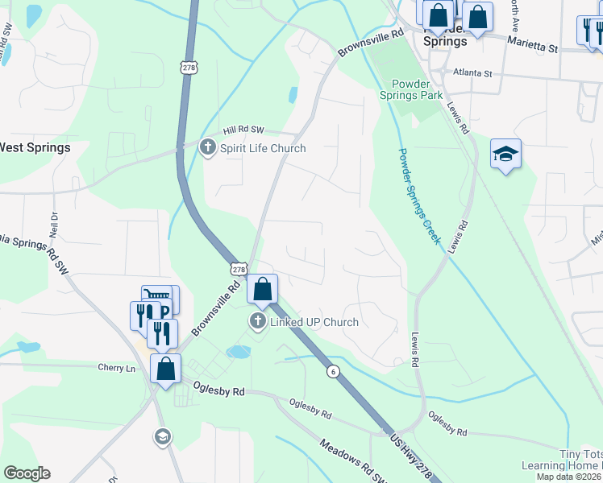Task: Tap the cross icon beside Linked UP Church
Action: click(258, 322)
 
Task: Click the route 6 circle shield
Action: click(332, 371)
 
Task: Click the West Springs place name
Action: click(35, 148)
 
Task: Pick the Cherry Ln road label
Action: click(119, 368)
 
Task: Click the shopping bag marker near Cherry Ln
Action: click(165, 370)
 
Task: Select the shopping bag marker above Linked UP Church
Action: click(263, 289)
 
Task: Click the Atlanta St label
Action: click(472, 73)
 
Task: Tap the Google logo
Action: click(27, 473)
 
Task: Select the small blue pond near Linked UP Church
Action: click(238, 352)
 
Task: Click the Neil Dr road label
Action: click(55, 222)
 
